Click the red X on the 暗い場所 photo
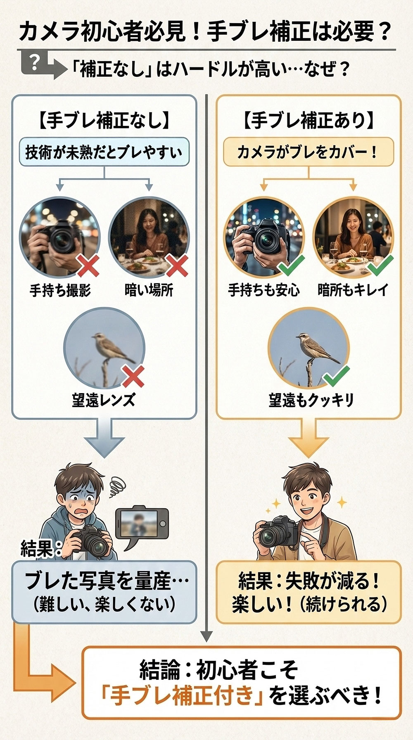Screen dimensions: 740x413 pyautogui.click(x=177, y=265)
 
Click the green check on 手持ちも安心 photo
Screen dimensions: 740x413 pyautogui.click(x=292, y=266)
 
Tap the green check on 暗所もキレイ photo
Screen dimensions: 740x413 pyautogui.click(x=380, y=266)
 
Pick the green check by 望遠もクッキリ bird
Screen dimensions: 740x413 pyautogui.click(x=336, y=375)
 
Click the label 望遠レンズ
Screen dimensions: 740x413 pyautogui.click(x=103, y=400)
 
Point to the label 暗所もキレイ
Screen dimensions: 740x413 pyautogui.click(x=353, y=290)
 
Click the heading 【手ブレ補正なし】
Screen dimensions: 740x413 pyautogui.click(x=104, y=121)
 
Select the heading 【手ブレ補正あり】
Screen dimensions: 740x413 pyautogui.click(x=309, y=121)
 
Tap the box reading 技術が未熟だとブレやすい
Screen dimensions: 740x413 pyautogui.click(x=104, y=152)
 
